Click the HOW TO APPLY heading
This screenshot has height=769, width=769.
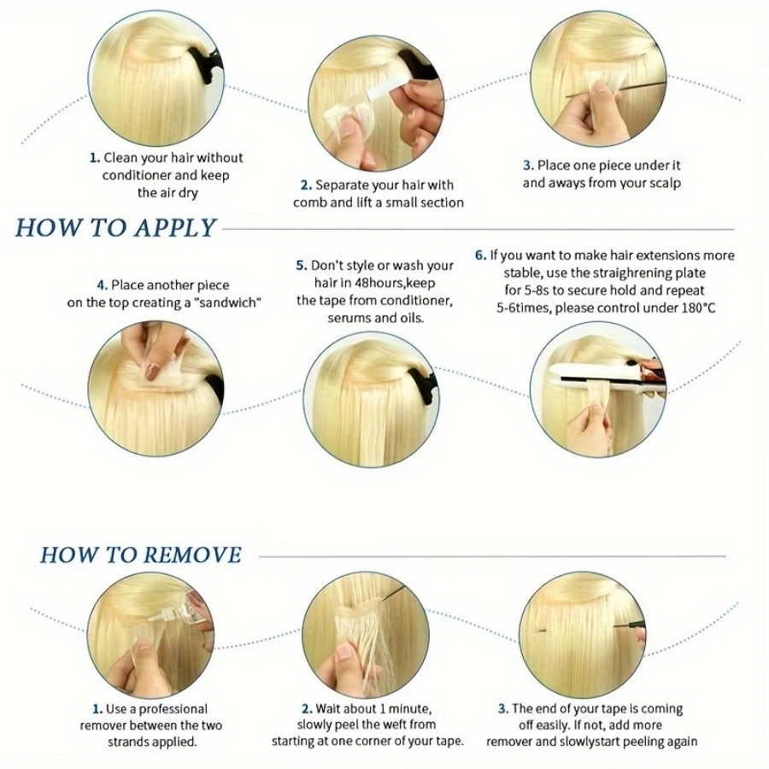116,228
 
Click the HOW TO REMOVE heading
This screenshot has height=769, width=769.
140,555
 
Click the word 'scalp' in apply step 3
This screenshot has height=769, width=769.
664,183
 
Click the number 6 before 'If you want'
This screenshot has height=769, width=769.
480,255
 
